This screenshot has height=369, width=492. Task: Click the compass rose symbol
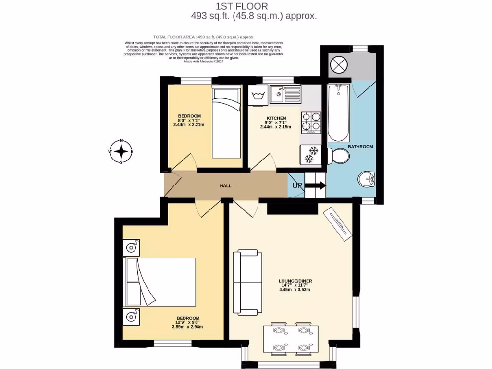coord(121,152)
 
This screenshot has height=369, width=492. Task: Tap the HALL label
coord(226,185)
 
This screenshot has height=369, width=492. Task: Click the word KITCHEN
coord(276,118)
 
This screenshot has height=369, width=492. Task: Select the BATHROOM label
coord(360,146)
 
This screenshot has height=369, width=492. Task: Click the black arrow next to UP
coord(315,185)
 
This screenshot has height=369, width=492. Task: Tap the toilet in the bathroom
coord(339,156)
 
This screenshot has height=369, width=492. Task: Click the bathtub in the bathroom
coord(338,112)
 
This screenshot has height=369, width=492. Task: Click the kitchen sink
coord(284,94)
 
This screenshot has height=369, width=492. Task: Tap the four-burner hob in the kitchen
coord(311,122)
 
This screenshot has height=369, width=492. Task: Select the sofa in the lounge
coord(246,283)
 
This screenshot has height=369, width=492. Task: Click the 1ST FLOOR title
coord(249,6)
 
